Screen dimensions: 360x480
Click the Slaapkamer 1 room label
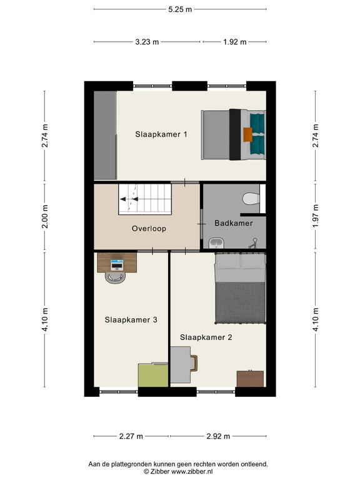pos(161,134)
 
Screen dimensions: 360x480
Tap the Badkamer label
pos(234,223)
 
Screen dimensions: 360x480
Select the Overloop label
pos(149,229)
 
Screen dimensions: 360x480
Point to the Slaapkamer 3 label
pos(131,320)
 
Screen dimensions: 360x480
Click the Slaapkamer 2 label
pos(206,337)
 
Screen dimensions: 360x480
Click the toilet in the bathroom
pos(251,199)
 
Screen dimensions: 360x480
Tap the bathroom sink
pos(217,243)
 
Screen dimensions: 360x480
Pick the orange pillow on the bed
pos(248,135)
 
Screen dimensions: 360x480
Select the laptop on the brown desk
pos(117,265)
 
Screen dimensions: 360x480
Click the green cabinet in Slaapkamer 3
pos(153,375)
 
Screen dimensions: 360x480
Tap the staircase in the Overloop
pos(145,199)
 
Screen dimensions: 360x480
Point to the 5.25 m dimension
pos(180,9)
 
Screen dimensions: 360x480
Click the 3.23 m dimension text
pos(147,42)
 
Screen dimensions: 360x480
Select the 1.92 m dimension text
pos(235,42)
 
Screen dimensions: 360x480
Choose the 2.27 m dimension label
pos(131,436)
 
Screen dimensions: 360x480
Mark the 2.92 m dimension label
pos(218,436)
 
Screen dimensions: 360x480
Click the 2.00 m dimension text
pos(45,216)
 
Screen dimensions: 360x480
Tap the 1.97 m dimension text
pos(316,216)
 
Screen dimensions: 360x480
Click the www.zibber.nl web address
pos(192,472)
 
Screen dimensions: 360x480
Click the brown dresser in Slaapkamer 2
pos(250,379)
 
